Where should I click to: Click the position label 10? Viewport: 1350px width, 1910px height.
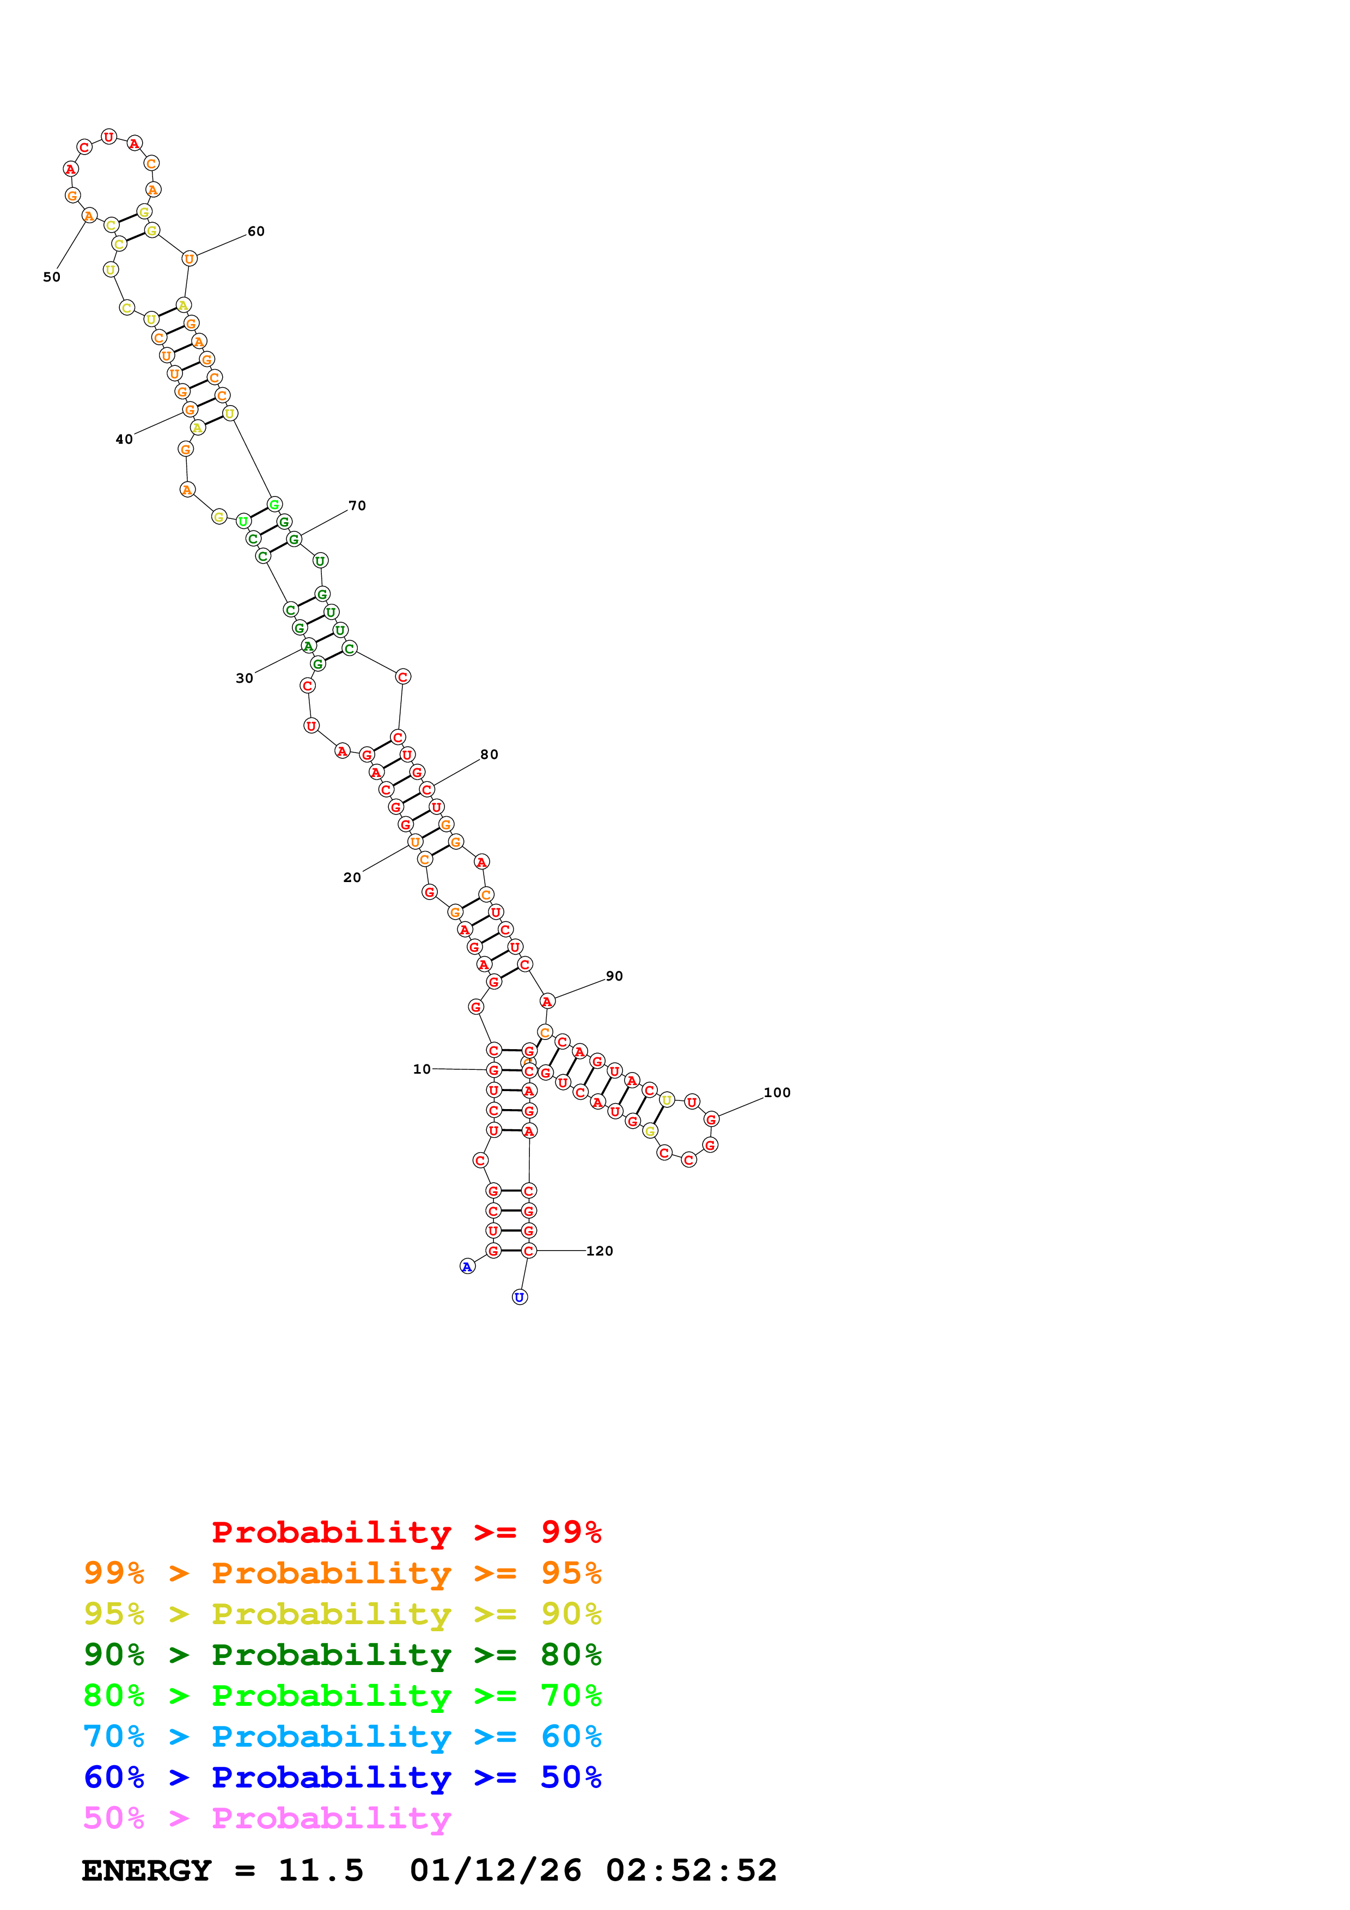(x=422, y=1069)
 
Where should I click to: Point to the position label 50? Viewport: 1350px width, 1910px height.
(x=52, y=277)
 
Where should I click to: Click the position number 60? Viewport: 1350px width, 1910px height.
(x=256, y=231)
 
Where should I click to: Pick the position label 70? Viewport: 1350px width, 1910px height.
(x=357, y=506)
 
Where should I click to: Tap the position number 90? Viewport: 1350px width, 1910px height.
(x=614, y=976)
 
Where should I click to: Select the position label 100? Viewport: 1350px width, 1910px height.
(x=777, y=1092)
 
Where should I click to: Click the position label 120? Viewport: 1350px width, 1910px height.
(x=599, y=1250)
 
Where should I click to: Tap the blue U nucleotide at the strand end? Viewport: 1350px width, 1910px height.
(x=520, y=1297)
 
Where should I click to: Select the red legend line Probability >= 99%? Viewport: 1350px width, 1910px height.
(x=406, y=1532)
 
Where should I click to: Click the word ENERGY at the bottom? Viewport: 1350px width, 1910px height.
(x=146, y=1870)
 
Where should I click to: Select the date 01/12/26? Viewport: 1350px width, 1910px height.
(x=496, y=1870)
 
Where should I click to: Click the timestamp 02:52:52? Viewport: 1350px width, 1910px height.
(x=691, y=1870)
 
